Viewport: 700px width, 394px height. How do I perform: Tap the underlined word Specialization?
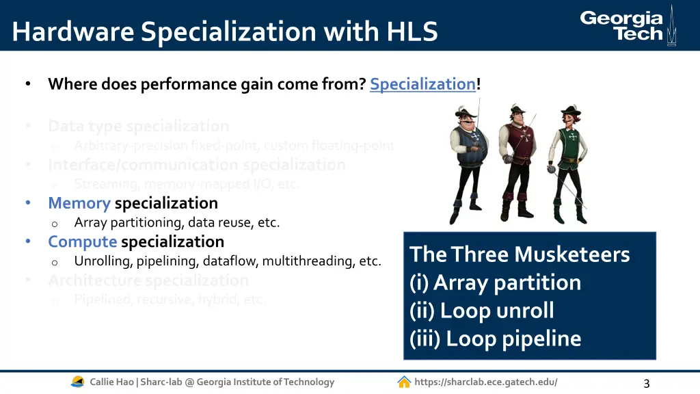[422, 84]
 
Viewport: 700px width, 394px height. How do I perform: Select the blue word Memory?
[79, 203]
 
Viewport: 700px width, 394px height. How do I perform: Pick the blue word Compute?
[82, 241]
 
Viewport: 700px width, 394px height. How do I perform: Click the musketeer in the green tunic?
[567, 164]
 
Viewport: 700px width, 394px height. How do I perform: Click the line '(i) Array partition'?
[495, 283]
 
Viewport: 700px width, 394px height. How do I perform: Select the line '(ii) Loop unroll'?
[482, 311]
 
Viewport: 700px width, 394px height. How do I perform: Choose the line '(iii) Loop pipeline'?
[495, 339]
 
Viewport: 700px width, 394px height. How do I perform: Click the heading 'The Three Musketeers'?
[520, 254]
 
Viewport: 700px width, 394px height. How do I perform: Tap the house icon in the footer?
[404, 382]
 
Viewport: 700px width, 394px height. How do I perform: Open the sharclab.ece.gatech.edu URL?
[485, 382]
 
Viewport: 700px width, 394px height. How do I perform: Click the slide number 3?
[646, 384]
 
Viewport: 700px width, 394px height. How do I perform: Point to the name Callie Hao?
[111, 382]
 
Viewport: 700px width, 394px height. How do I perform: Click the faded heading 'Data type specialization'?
[138, 126]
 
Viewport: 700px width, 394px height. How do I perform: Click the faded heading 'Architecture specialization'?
[148, 280]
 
